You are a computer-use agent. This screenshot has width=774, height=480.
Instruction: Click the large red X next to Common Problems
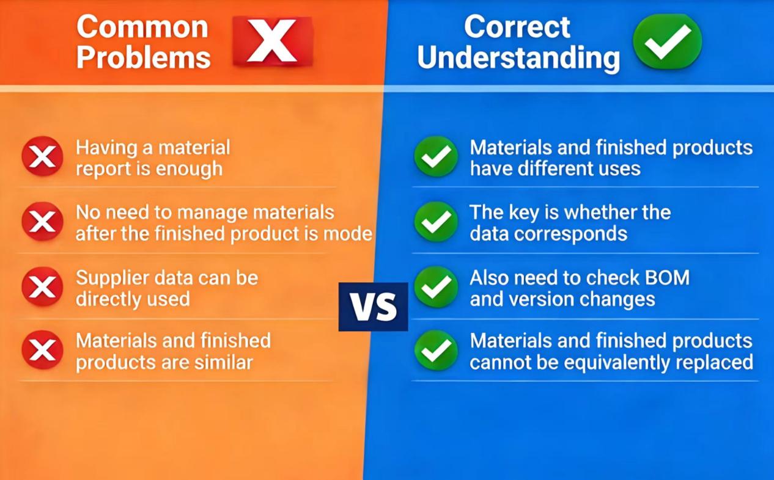[x=273, y=42]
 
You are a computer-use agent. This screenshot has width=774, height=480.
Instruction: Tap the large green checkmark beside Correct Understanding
[x=667, y=41]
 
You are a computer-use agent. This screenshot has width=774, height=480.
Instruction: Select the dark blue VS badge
[x=373, y=307]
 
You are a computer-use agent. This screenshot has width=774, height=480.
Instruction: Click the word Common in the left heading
[x=142, y=27]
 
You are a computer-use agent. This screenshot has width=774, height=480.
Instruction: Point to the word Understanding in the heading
[x=518, y=58]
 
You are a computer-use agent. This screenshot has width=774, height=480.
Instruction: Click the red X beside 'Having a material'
[x=42, y=156]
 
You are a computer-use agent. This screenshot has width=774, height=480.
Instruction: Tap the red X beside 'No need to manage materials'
[x=42, y=222]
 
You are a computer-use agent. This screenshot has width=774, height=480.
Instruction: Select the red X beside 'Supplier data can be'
[x=42, y=286]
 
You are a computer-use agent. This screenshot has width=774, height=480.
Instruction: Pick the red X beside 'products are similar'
[x=42, y=350]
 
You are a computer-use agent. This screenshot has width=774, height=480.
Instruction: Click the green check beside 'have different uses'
[x=436, y=157]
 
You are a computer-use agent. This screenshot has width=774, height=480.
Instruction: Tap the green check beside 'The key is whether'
[x=436, y=222]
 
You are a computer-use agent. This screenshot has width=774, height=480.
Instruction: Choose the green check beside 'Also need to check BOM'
[x=436, y=287]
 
